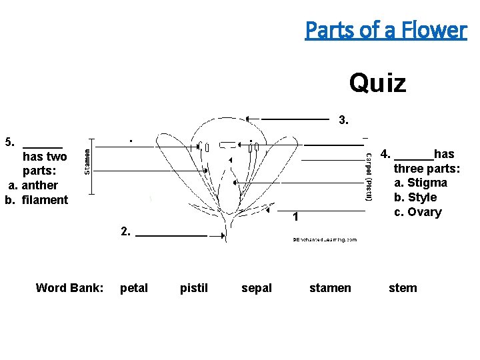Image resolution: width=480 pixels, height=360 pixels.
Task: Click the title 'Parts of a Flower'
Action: pyautogui.click(x=386, y=29)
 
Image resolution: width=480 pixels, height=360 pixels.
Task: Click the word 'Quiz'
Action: pyautogui.click(x=377, y=83)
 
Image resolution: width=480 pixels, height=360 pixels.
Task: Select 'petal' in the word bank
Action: pyautogui.click(x=134, y=288)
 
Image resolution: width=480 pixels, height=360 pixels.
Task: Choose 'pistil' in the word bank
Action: pyautogui.click(x=194, y=288)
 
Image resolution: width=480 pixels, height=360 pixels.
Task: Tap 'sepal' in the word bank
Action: pyautogui.click(x=257, y=288)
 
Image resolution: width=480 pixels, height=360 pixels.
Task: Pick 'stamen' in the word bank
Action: pyautogui.click(x=330, y=288)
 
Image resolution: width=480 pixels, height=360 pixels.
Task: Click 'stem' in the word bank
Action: pyautogui.click(x=403, y=288)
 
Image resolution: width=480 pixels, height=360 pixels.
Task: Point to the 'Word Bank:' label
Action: pyautogui.click(x=69, y=288)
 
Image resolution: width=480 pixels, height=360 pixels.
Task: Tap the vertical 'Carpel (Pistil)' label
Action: pyautogui.click(x=368, y=177)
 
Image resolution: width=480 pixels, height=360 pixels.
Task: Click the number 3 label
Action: pyautogui.click(x=343, y=121)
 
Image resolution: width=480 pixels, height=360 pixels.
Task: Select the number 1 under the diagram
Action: pyautogui.click(x=296, y=217)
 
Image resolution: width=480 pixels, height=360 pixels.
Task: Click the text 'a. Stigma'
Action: pyautogui.click(x=420, y=183)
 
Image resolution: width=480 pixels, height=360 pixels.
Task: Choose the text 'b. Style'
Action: pyautogui.click(x=415, y=197)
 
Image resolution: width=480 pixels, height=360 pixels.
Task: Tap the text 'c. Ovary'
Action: pyautogui.click(x=417, y=212)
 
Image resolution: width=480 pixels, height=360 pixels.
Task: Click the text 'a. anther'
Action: pyautogui.click(x=33, y=185)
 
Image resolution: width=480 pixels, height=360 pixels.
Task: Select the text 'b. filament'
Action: pyautogui.click(x=37, y=200)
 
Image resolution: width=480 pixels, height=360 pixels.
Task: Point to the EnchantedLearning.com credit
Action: pyautogui.click(x=325, y=239)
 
